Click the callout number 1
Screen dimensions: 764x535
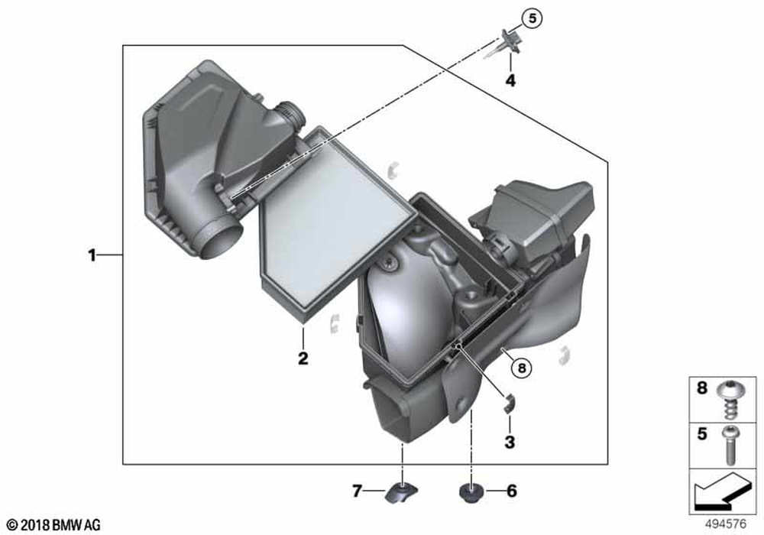coord(92,255)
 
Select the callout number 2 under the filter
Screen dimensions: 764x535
coord(303,358)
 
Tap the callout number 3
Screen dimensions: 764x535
coord(510,442)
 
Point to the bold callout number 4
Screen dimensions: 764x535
coord(510,80)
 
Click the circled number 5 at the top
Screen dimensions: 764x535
coord(532,18)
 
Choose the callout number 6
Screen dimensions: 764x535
coord(512,491)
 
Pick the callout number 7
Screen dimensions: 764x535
coord(357,491)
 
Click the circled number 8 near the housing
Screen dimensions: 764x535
coord(522,368)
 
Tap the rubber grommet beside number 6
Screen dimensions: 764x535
coord(471,493)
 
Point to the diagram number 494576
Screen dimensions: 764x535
coord(726,524)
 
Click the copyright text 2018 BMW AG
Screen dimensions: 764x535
coord(53,525)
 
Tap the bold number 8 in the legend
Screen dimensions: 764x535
coord(701,387)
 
